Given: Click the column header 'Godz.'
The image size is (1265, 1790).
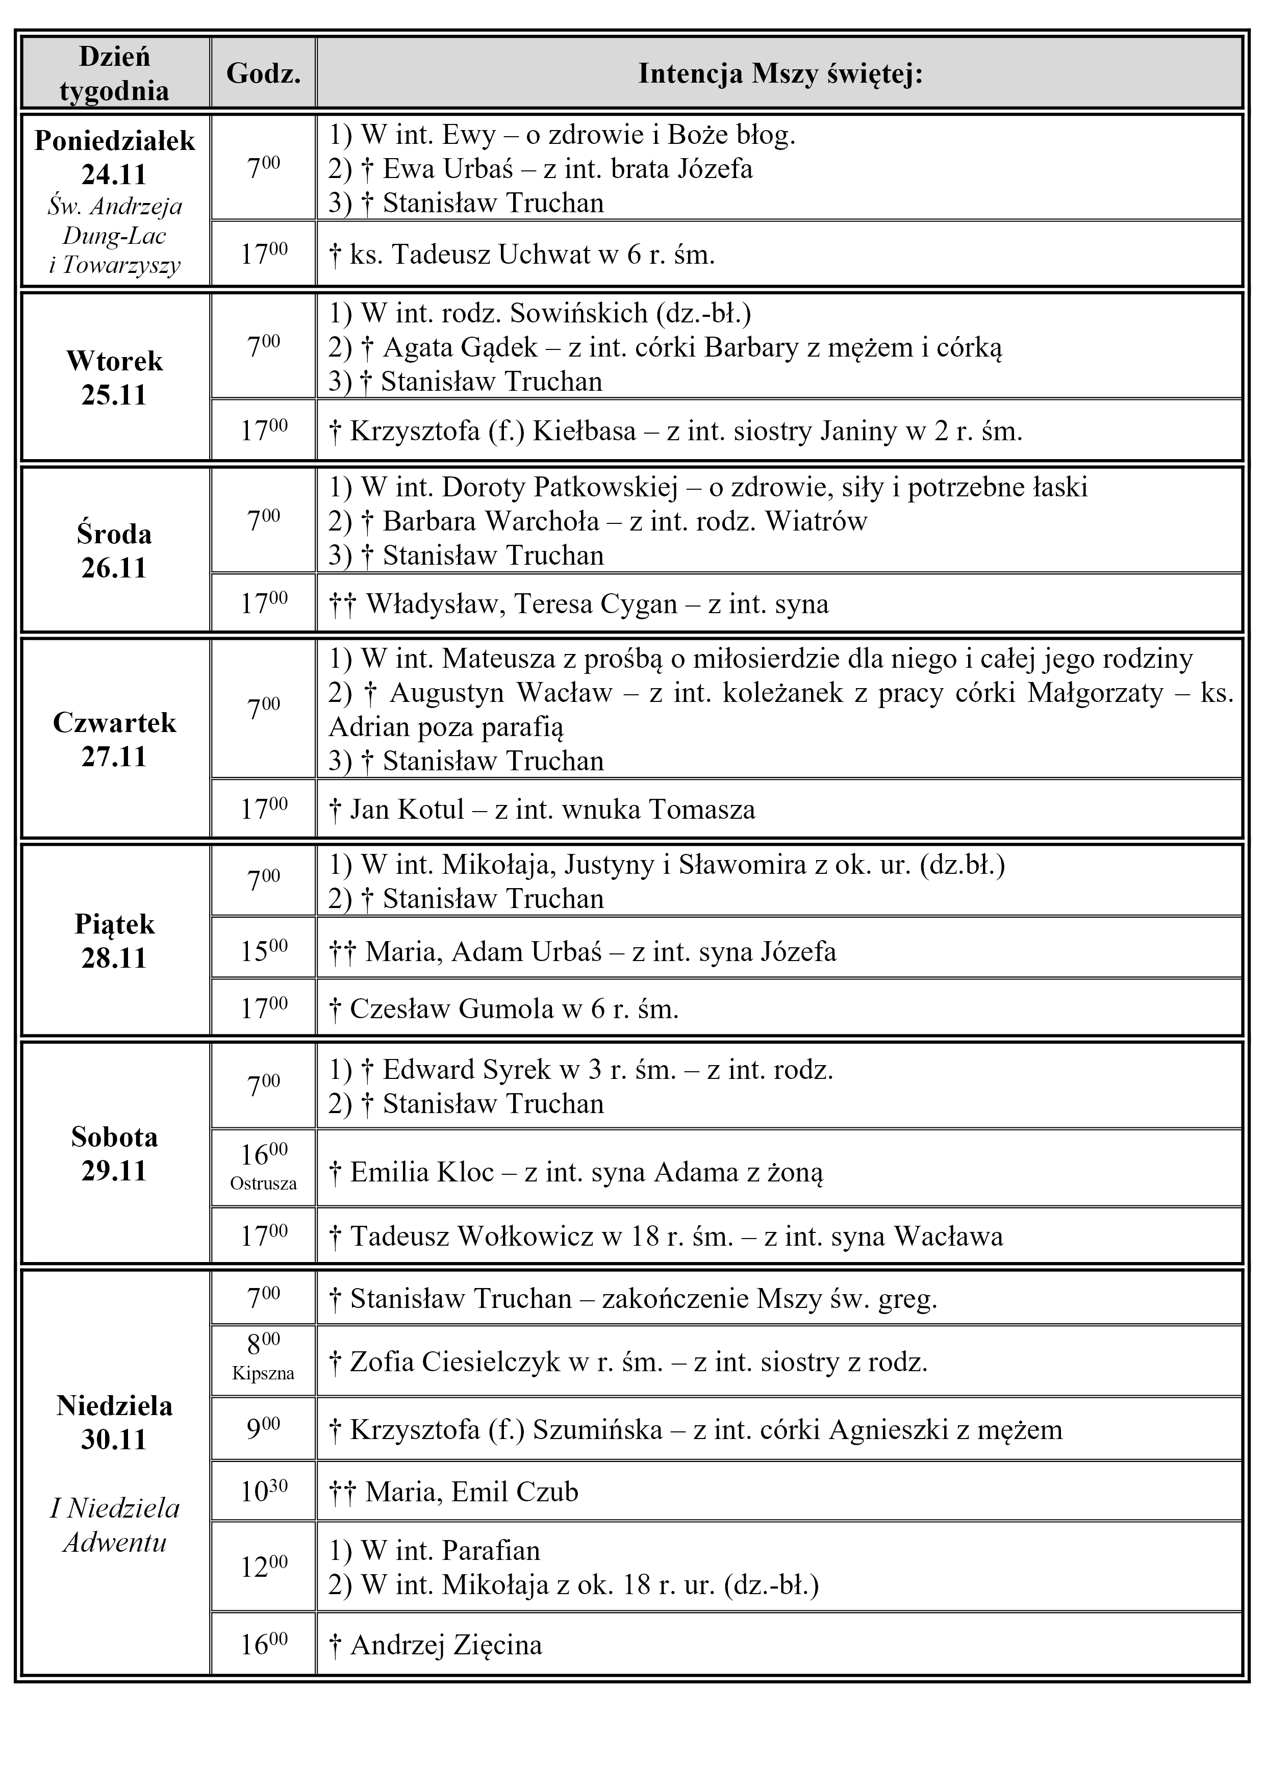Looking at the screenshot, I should pos(263,74).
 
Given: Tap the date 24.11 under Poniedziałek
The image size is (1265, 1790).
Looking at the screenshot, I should pos(115,174).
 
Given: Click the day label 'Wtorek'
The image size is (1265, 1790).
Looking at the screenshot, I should pos(115,361).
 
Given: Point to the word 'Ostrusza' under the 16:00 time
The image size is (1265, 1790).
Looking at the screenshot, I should pos(263,1183).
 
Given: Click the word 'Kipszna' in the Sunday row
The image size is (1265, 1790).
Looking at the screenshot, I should pos(263,1373).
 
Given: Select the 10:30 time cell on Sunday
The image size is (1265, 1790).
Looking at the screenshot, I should pos(263,1492).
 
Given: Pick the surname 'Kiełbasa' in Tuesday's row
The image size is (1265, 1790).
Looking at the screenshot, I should pos(584,431).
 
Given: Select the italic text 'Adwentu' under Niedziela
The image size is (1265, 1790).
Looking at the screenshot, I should pos(115,1542).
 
